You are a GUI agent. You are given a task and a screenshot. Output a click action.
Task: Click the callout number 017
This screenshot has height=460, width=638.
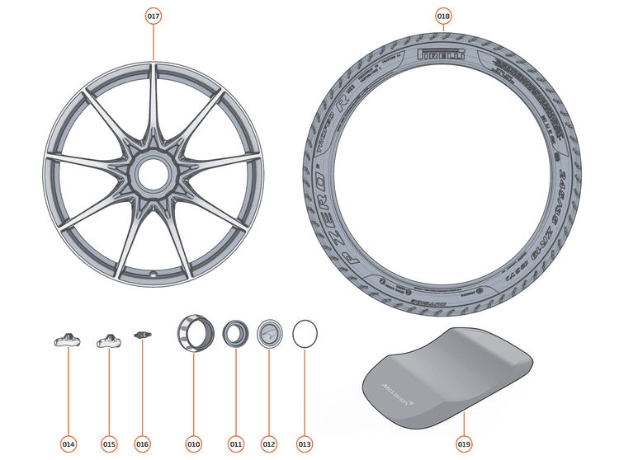pyautogui.click(x=154, y=16)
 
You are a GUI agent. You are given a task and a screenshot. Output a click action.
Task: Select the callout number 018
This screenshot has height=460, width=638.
pyautogui.click(x=443, y=16)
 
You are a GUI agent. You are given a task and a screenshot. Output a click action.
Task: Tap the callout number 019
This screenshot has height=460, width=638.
pyautogui.click(x=464, y=444)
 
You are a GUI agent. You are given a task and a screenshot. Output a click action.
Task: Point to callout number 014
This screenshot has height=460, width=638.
pyautogui.click(x=69, y=444)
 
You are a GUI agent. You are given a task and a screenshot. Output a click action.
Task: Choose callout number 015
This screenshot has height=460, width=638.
pyautogui.click(x=109, y=444)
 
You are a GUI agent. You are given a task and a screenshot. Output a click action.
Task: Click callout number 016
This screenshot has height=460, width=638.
pyautogui.click(x=143, y=444)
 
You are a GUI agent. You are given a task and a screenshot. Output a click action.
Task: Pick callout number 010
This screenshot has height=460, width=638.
pyautogui.click(x=193, y=444)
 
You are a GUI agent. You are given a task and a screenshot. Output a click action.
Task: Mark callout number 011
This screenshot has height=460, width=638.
pyautogui.click(x=236, y=444)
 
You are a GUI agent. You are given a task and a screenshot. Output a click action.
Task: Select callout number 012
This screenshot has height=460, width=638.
pyautogui.click(x=268, y=444)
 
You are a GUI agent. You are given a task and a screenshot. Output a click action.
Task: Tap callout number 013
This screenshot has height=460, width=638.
pyautogui.click(x=305, y=444)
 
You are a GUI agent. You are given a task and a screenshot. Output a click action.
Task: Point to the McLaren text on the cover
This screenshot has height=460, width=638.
pyautogui.click(x=397, y=387)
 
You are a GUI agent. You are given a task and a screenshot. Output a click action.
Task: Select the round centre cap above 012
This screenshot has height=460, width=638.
pyautogui.click(x=268, y=335)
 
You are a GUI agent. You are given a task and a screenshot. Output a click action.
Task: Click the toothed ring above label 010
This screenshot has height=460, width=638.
pyautogui.click(x=194, y=335)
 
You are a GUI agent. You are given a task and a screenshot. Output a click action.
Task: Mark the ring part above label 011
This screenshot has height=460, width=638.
pyautogui.click(x=235, y=335)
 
